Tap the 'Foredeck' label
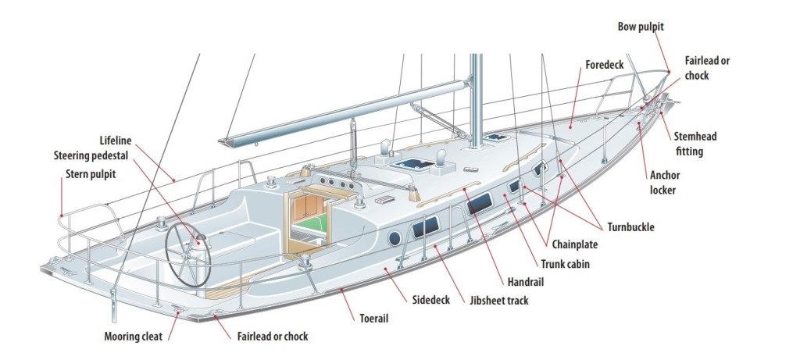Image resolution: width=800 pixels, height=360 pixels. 604,65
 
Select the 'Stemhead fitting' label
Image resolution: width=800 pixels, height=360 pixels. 695,144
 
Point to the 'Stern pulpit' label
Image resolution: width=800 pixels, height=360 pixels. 91,173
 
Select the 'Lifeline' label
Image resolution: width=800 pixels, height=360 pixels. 116,141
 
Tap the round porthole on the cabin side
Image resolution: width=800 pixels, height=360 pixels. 394,237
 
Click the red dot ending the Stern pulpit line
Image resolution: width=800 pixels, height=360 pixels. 60,215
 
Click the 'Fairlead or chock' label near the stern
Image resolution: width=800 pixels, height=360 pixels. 272,337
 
